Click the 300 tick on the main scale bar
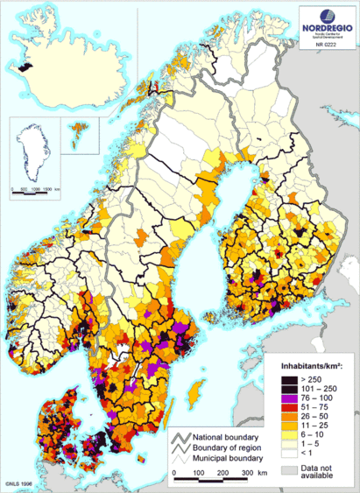[x=248, y=474]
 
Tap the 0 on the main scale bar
[x=175, y=474]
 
